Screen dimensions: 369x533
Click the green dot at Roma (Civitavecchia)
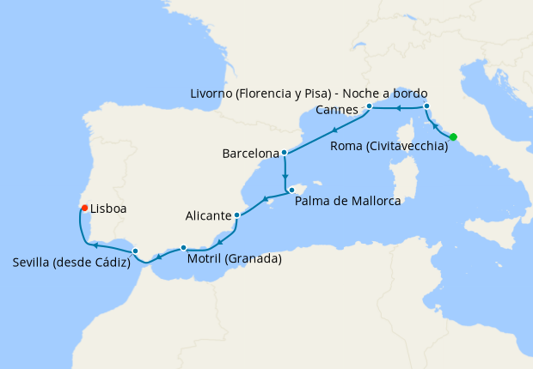453,136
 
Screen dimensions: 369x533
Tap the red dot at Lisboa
83,208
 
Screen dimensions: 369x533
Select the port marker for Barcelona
285,154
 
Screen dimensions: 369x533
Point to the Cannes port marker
369,106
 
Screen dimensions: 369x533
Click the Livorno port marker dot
426,106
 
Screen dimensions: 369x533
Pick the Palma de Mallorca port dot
292,190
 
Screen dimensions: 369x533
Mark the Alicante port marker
236,215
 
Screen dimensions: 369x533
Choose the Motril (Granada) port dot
183,247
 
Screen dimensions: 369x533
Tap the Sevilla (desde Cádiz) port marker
136,251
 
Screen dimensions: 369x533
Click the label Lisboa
109,208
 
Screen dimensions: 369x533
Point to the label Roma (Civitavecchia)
389,147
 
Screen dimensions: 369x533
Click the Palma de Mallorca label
347,202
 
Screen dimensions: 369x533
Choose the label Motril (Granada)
234,257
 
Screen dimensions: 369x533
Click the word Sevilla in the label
34,262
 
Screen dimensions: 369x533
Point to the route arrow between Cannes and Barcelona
333,127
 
